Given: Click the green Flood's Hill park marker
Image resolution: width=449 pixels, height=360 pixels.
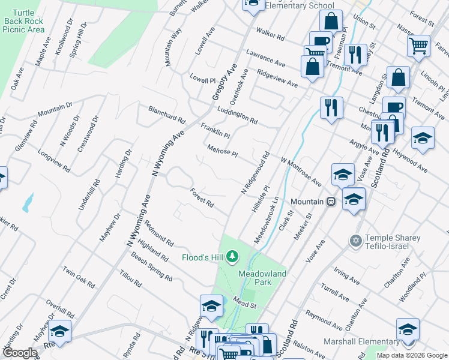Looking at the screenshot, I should (x=234, y=258).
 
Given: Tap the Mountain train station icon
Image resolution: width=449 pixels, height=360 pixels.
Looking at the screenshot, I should (x=330, y=202).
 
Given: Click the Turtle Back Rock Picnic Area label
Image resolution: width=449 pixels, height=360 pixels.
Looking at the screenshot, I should (x=24, y=20).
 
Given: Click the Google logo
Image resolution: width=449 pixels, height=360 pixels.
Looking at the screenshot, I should (x=19, y=353).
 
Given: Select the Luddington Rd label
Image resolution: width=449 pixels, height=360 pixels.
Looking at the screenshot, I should (x=237, y=112).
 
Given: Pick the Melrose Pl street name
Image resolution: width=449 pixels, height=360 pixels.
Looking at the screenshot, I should (x=223, y=150).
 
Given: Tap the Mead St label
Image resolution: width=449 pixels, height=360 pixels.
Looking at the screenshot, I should (x=245, y=305).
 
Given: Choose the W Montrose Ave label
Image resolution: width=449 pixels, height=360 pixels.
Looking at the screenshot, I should (x=301, y=172).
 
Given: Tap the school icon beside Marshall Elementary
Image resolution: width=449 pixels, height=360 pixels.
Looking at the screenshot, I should (x=408, y=330).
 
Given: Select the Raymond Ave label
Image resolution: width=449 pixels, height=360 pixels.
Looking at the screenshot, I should (x=324, y=320).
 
